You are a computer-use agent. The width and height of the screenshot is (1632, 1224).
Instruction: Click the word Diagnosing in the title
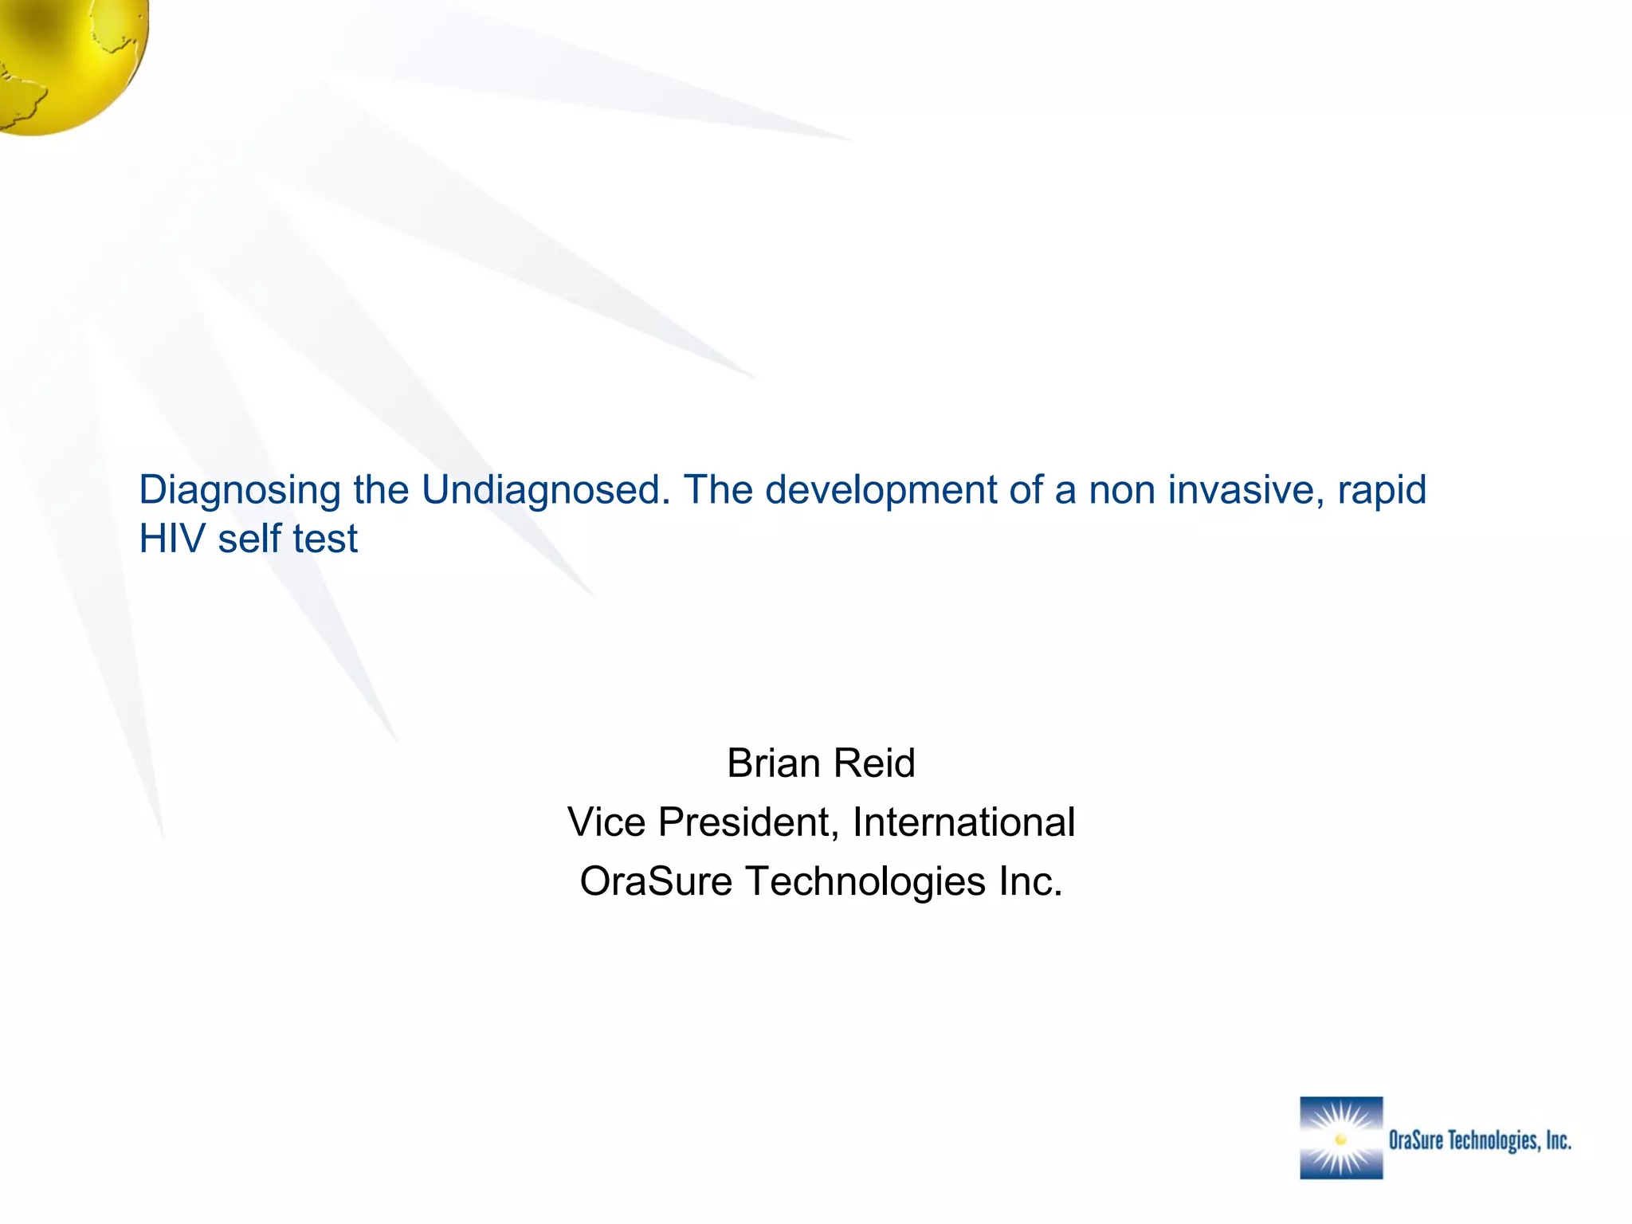click(x=240, y=491)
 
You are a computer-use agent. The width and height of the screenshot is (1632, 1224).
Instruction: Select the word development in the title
click(x=881, y=489)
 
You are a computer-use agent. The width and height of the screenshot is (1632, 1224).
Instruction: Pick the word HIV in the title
click(x=172, y=539)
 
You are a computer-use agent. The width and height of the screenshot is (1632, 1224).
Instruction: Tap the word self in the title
click(x=249, y=539)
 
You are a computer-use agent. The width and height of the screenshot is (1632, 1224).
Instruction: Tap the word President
click(x=748, y=822)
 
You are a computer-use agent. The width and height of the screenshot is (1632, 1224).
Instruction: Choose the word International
click(x=963, y=822)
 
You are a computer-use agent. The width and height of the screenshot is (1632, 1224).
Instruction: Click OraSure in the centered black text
click(x=655, y=881)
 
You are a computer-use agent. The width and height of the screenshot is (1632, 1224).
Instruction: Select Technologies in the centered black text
click(x=865, y=881)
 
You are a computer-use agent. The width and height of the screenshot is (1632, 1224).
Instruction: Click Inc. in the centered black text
click(x=1031, y=881)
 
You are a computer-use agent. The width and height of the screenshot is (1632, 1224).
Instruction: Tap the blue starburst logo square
click(x=1341, y=1138)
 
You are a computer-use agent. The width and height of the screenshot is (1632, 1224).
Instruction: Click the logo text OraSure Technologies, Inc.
click(x=1480, y=1140)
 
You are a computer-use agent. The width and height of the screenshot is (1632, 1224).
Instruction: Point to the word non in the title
click(x=1122, y=491)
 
